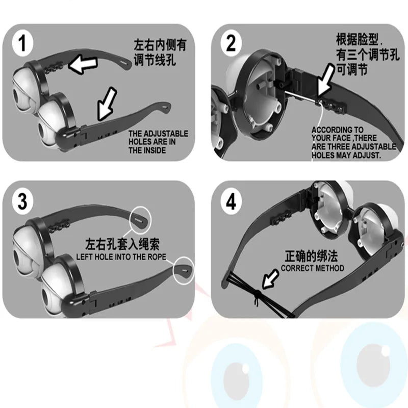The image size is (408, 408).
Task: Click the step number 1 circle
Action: pos(22,43)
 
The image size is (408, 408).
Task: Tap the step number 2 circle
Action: pos(231,43)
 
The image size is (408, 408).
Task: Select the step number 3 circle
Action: pos(22,201)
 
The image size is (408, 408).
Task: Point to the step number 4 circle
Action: pos(231,201)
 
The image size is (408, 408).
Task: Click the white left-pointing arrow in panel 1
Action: pos(83,65)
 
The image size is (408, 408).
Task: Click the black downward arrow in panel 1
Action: pos(107,104)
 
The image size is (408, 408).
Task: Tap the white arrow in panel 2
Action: pos(326,81)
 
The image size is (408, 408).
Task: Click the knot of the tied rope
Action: pos(257,294)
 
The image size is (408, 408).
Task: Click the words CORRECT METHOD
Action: pos(312,268)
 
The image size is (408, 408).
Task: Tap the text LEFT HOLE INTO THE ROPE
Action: pos(121,257)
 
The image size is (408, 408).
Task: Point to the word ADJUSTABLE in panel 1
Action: pos(166,134)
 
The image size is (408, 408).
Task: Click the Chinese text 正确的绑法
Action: pos(311,256)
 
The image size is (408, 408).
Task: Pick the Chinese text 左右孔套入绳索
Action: pos(122,244)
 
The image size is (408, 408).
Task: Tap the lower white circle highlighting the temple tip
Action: pos(184,271)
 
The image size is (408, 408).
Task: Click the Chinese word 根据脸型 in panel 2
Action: pos(358,39)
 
